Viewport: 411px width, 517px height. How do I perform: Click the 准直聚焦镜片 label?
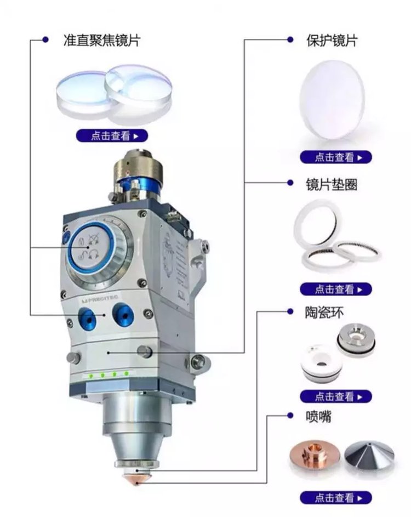coord(102,40)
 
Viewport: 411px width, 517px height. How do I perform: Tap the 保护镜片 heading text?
coord(332,41)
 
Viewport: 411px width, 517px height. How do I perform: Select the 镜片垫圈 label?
coord(332,184)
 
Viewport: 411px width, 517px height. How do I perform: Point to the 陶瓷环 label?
coord(324,312)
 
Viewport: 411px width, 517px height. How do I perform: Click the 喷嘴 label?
coord(318,417)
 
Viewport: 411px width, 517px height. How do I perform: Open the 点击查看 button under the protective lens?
coord(336,157)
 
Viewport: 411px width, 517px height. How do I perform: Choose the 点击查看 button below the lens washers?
coord(336,289)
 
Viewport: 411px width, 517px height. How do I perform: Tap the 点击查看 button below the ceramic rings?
coord(336,396)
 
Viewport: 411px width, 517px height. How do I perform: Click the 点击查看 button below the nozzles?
coord(336,497)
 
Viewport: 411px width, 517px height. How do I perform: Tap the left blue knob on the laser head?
coord(87,319)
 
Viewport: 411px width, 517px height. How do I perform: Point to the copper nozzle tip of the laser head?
coord(136,479)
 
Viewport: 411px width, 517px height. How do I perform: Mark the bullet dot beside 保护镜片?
coord(290,39)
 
